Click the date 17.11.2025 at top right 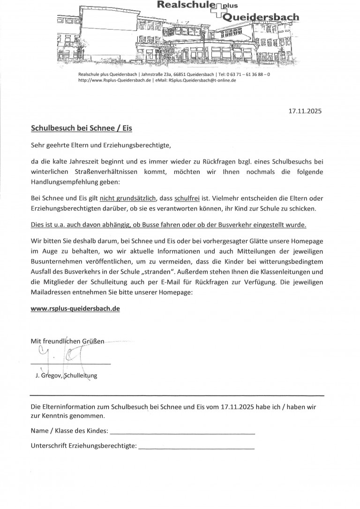[x=305, y=112]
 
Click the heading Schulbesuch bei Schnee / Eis [x=82, y=127]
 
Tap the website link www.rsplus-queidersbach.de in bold [x=75, y=310]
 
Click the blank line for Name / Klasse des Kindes [x=182, y=431]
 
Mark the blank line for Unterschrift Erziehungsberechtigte [x=196, y=446]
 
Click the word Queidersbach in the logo [x=262, y=17]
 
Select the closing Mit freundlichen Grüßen [x=68, y=341]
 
